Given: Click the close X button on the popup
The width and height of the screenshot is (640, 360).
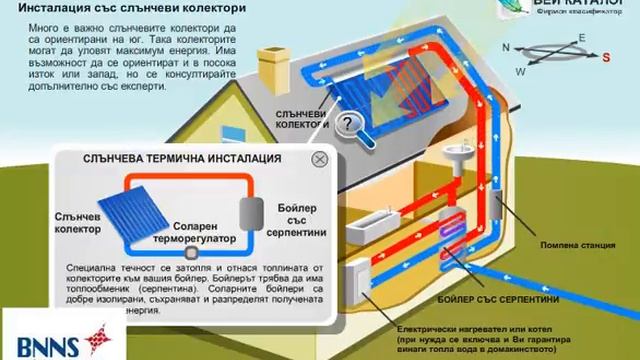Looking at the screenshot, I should (x=319, y=159).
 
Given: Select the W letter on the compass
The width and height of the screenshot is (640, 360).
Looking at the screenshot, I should (x=518, y=72).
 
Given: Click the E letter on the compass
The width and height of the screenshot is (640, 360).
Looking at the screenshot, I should (x=580, y=37).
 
